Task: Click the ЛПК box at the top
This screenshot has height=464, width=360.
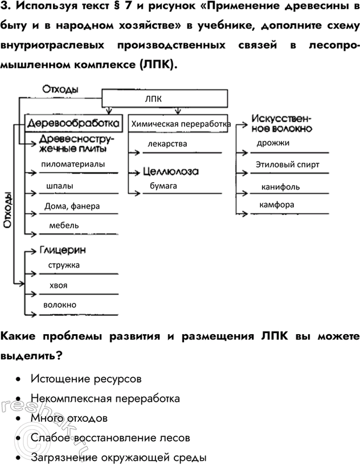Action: pyautogui.click(x=165, y=98)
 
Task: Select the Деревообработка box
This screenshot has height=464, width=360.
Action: pyautogui.click(x=74, y=124)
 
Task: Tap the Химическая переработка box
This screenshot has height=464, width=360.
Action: pyautogui.click(x=179, y=124)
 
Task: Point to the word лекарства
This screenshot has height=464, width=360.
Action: pyautogui.click(x=167, y=144)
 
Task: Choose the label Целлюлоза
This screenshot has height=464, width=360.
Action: pyautogui.click(x=171, y=171)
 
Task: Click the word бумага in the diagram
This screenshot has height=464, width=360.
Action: pyautogui.click(x=164, y=186)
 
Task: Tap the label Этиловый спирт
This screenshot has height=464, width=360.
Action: pyautogui.click(x=288, y=165)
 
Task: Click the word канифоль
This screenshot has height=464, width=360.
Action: pyautogui.click(x=280, y=186)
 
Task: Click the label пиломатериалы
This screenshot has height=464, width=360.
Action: pyautogui.click(x=73, y=164)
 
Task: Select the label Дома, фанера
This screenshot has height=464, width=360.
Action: pyautogui.click(x=72, y=206)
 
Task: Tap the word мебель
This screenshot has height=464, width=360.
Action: pyautogui.click(x=64, y=225)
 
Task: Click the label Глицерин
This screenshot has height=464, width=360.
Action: pyautogui.click(x=63, y=250)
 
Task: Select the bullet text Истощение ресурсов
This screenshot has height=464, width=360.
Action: pyautogui.click(x=86, y=379)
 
